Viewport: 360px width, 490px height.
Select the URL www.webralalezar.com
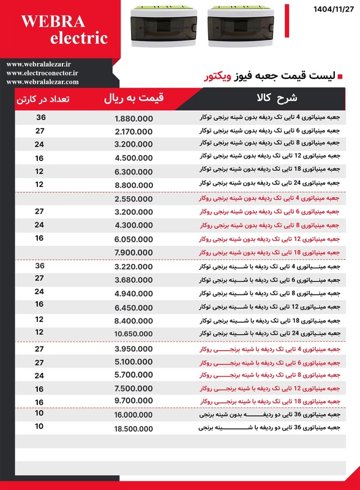pyautogui.click(x=42, y=81)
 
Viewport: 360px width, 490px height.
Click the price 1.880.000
pyautogui.click(x=133, y=118)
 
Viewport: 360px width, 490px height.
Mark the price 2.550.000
pyautogui.click(x=133, y=199)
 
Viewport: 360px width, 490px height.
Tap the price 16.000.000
pyautogui.click(x=133, y=415)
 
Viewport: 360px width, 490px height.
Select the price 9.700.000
pyautogui.click(x=133, y=401)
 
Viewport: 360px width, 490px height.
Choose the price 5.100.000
pyautogui.click(x=133, y=361)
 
